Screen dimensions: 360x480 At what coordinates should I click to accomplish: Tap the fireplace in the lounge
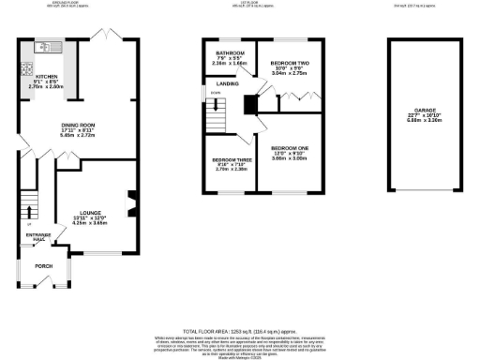point(130,202)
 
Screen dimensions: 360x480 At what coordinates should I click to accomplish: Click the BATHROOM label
point(230,52)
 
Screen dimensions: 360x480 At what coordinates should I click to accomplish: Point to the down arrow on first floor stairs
point(216,93)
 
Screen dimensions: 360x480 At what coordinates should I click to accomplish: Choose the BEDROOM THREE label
point(228,160)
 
